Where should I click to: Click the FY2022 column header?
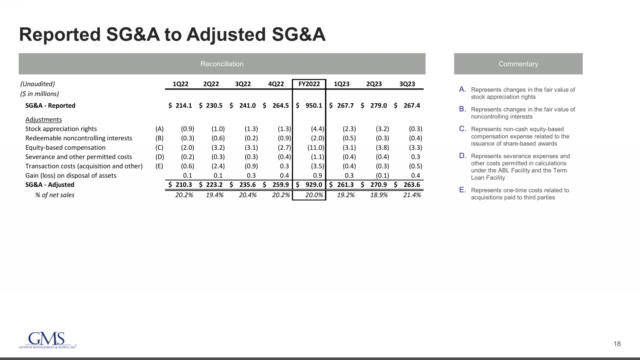pos(309,84)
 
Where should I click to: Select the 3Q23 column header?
pos(407,84)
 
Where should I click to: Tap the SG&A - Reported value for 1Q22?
pos(183,105)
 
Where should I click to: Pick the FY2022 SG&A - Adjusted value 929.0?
pos(314,185)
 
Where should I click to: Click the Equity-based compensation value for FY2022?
pos(316,148)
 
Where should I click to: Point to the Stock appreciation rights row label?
pos(61,129)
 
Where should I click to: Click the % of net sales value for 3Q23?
pos(412,195)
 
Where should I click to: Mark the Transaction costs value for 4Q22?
pos(284,166)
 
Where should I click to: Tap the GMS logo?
pos(47,340)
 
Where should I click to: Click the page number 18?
pos(617,344)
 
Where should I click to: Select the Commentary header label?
pos(518,64)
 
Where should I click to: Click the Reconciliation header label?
pos(222,64)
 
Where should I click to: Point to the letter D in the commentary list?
pos(463,156)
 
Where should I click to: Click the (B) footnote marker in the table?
pos(160,138)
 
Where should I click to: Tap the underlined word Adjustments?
pos(44,119)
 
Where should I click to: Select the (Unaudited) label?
pos(38,84)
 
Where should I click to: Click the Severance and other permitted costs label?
pos(79,157)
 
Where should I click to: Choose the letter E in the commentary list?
pos(463,190)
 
